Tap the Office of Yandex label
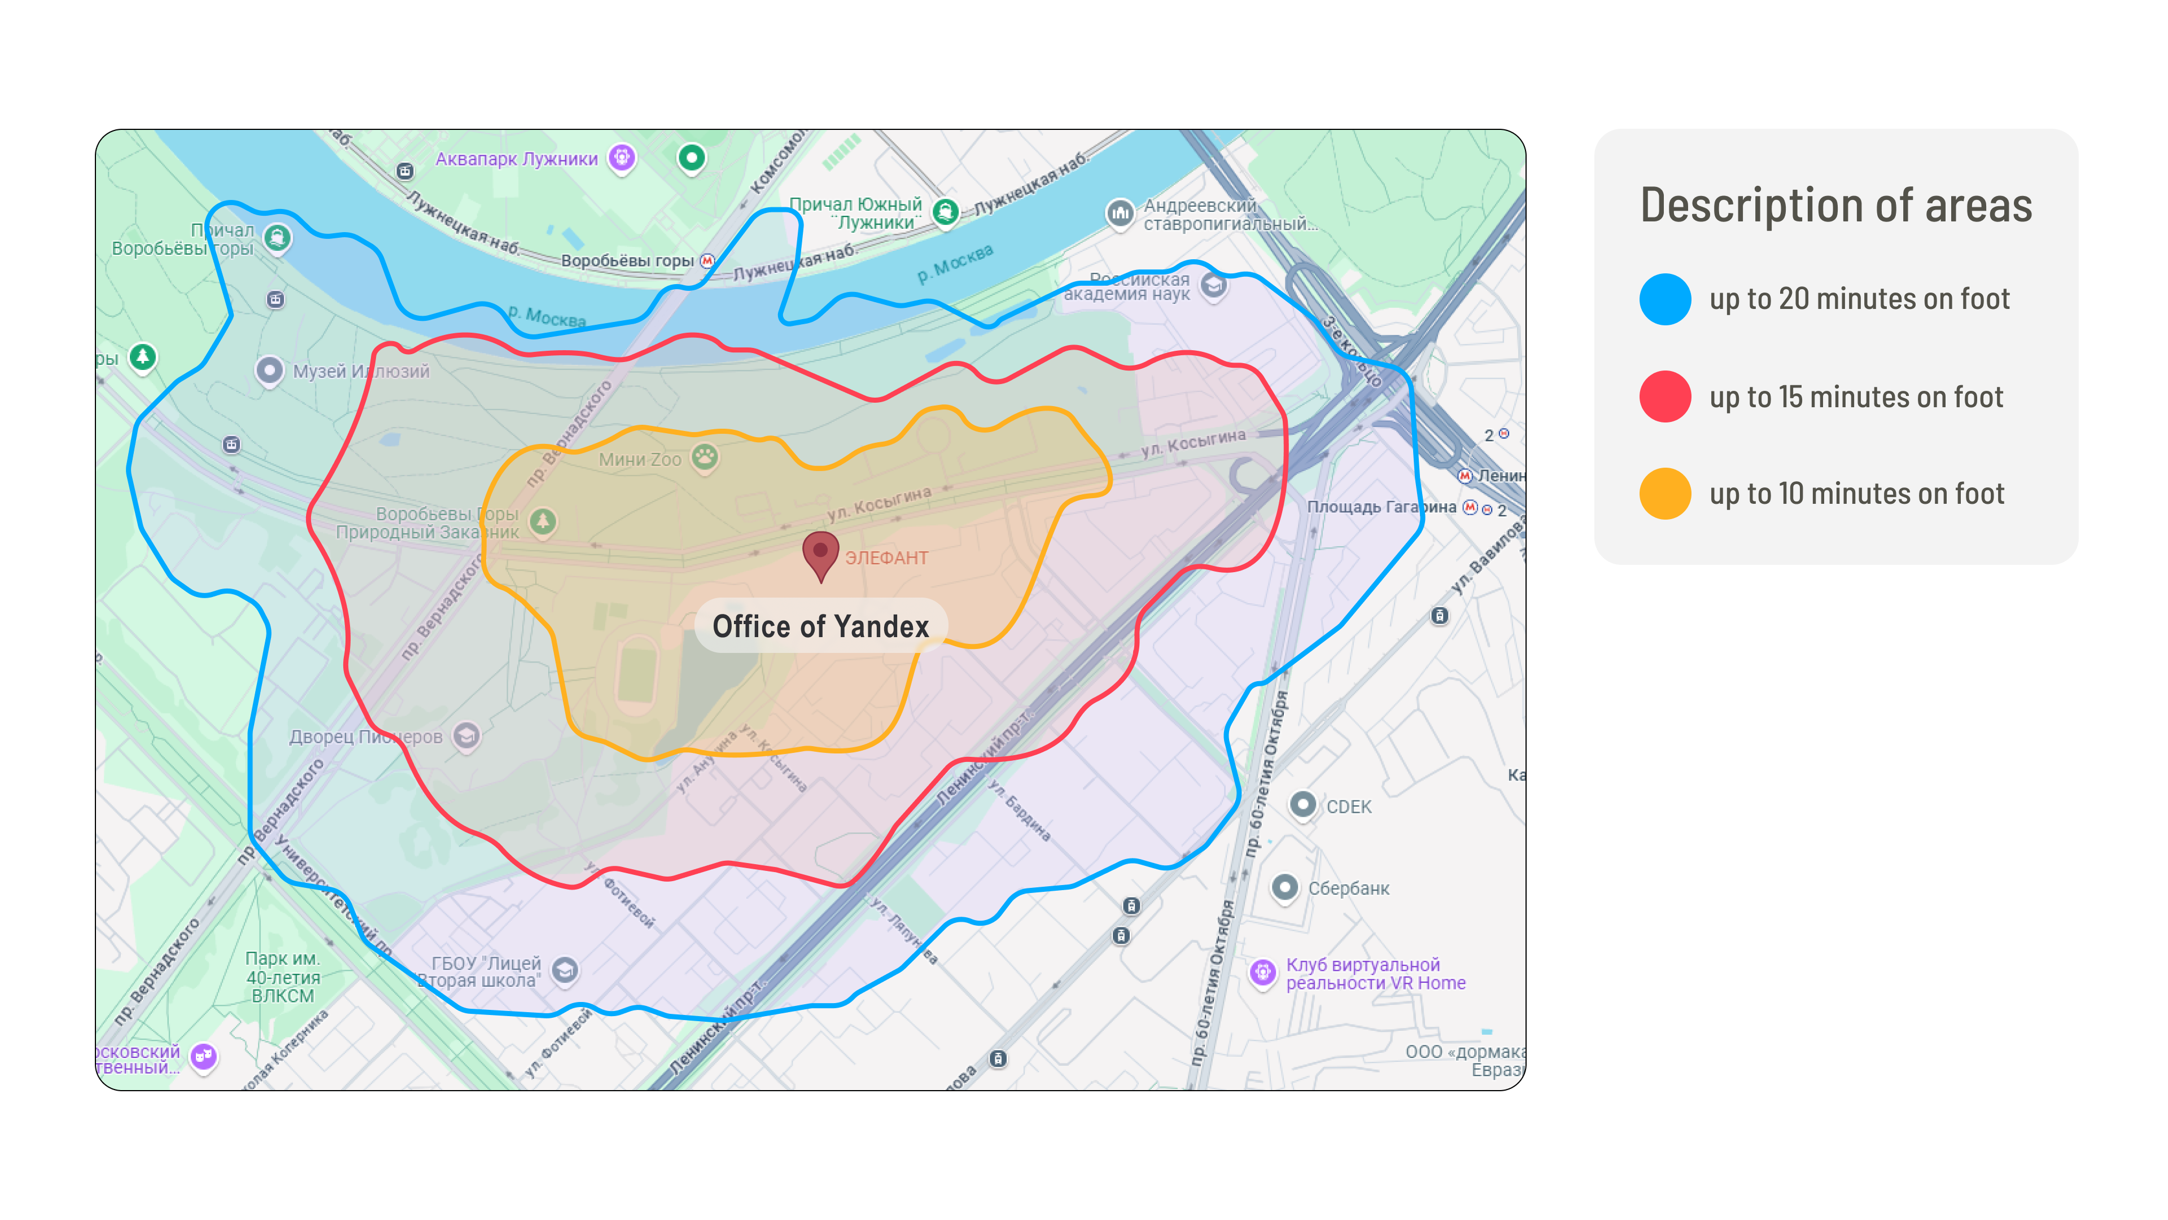pos(820,626)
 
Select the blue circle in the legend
pos(1664,299)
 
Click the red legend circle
pos(1664,396)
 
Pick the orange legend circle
pos(1664,494)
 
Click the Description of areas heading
pos(1835,206)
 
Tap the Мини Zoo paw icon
pos(705,457)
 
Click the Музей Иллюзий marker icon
pos(269,371)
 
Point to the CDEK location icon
pos(1302,805)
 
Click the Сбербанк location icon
pos(1284,887)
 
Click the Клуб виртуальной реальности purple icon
pos(1262,973)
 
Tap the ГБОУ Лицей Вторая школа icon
pos(565,971)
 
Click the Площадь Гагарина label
pos(1380,507)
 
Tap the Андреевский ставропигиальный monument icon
pos(1120,213)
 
